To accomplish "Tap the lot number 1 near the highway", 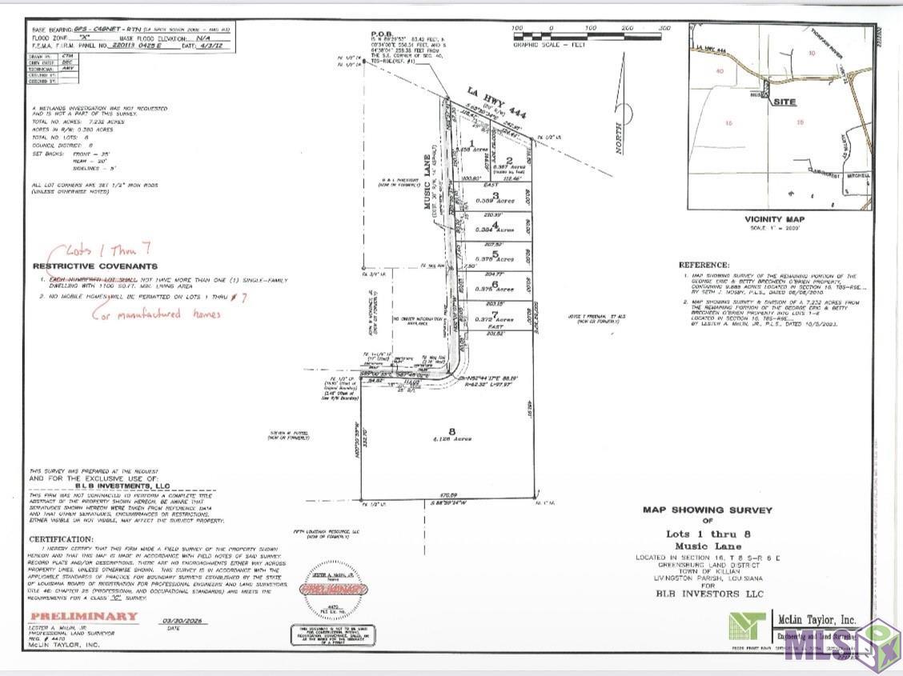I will click(472, 142).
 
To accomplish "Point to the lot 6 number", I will click(496, 283).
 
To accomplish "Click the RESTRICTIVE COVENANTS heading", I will click(95, 266).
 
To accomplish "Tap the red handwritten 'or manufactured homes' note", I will click(160, 314).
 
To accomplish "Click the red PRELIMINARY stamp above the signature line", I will click(83, 616).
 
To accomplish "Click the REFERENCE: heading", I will click(704, 265).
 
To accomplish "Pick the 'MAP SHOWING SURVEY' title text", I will click(708, 509).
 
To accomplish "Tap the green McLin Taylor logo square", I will click(747, 625).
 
